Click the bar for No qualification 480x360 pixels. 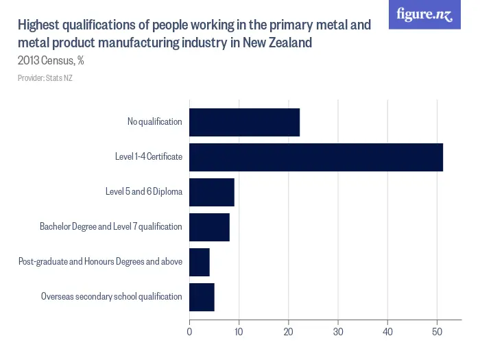tap(244, 122)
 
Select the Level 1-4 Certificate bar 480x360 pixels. tap(316, 157)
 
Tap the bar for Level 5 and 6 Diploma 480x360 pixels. tap(212, 192)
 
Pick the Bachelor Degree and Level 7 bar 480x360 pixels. tap(209, 227)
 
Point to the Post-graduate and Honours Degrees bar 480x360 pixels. tap(200, 262)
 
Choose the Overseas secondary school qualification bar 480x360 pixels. tap(202, 297)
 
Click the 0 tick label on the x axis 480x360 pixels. tap(189, 333)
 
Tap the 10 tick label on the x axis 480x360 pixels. tap(239, 333)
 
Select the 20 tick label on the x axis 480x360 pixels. tap(289, 333)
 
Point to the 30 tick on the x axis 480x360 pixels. tap(338, 333)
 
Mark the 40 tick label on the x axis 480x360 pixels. tap(387, 333)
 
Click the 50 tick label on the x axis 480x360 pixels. tap(437, 333)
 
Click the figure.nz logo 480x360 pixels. tap(424, 14)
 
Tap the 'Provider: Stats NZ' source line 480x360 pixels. tap(45, 78)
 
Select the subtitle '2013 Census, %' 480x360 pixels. tap(51, 60)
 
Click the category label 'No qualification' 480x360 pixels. tap(155, 122)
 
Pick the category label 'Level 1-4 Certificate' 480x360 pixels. tap(149, 157)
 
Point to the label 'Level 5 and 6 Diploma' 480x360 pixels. tap(144, 192)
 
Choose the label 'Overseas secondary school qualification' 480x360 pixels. tap(112, 297)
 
